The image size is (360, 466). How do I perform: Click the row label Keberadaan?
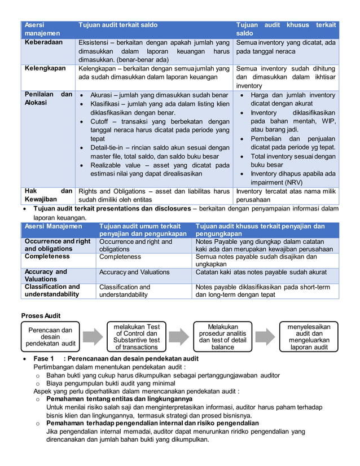click(43, 42)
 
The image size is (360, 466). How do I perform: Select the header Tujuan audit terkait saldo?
click(118, 25)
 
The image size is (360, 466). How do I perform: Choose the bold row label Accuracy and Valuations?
click(46, 275)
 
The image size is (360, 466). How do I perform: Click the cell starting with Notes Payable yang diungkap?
click(264, 245)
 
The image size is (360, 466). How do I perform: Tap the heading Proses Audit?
click(41, 315)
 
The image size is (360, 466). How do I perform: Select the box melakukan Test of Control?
click(136, 337)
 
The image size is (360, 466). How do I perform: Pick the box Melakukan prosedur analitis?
click(222, 337)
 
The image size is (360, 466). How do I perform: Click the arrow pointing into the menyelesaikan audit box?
click(265, 337)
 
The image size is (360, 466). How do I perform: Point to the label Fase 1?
click(43, 358)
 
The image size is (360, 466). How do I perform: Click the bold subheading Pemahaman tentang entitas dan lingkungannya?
click(119, 399)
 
